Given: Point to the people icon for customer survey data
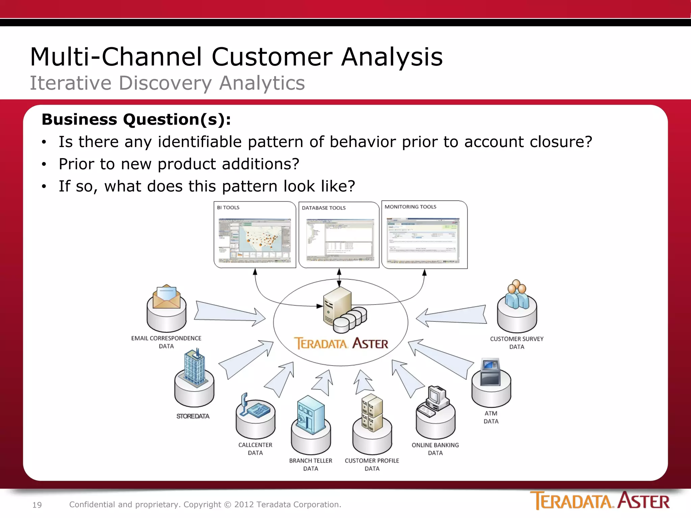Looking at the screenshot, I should [x=517, y=295].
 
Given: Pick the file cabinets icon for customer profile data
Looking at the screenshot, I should [x=372, y=413].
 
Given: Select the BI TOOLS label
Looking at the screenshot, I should [x=228, y=207].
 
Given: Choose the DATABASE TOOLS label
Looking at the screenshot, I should [x=324, y=208].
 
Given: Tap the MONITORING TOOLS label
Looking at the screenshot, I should [x=410, y=207].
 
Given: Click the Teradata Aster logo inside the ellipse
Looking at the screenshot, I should [x=341, y=343].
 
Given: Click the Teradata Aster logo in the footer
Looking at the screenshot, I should [x=600, y=501].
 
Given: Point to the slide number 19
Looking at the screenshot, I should [x=37, y=505].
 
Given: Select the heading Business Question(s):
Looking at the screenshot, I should [x=136, y=119].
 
